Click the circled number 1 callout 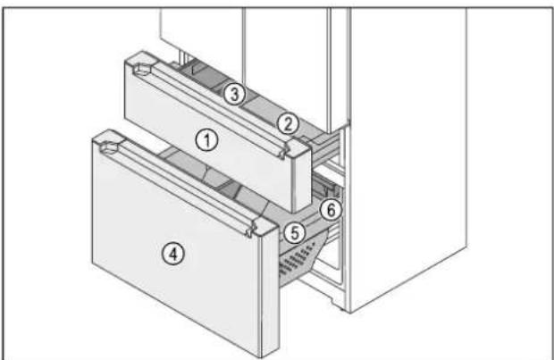[207, 140]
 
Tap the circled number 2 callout [288, 123]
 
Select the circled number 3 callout [235, 94]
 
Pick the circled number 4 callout [173, 254]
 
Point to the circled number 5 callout [295, 233]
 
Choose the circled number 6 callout [331, 210]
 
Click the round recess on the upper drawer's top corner [142, 69]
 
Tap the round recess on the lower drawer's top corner [110, 147]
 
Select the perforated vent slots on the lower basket [296, 262]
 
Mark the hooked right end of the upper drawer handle [282, 153]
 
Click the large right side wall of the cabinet [408, 155]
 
